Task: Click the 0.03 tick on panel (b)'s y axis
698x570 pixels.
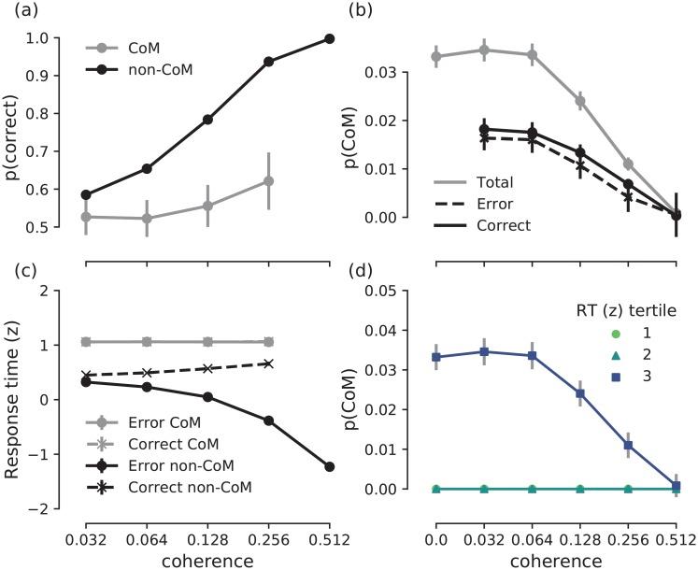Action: (411, 72)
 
